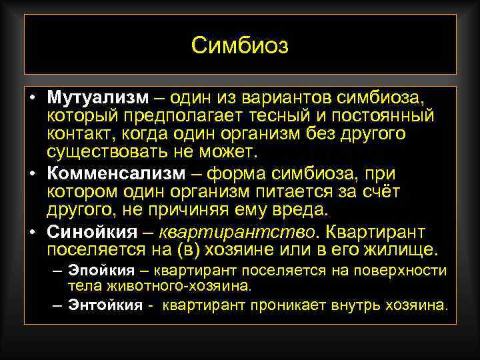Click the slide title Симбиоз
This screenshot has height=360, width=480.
click(240, 45)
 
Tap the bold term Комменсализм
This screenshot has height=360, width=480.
click(115, 173)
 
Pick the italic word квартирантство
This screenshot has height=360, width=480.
click(240, 231)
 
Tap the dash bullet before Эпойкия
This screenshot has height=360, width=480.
click(59, 270)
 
